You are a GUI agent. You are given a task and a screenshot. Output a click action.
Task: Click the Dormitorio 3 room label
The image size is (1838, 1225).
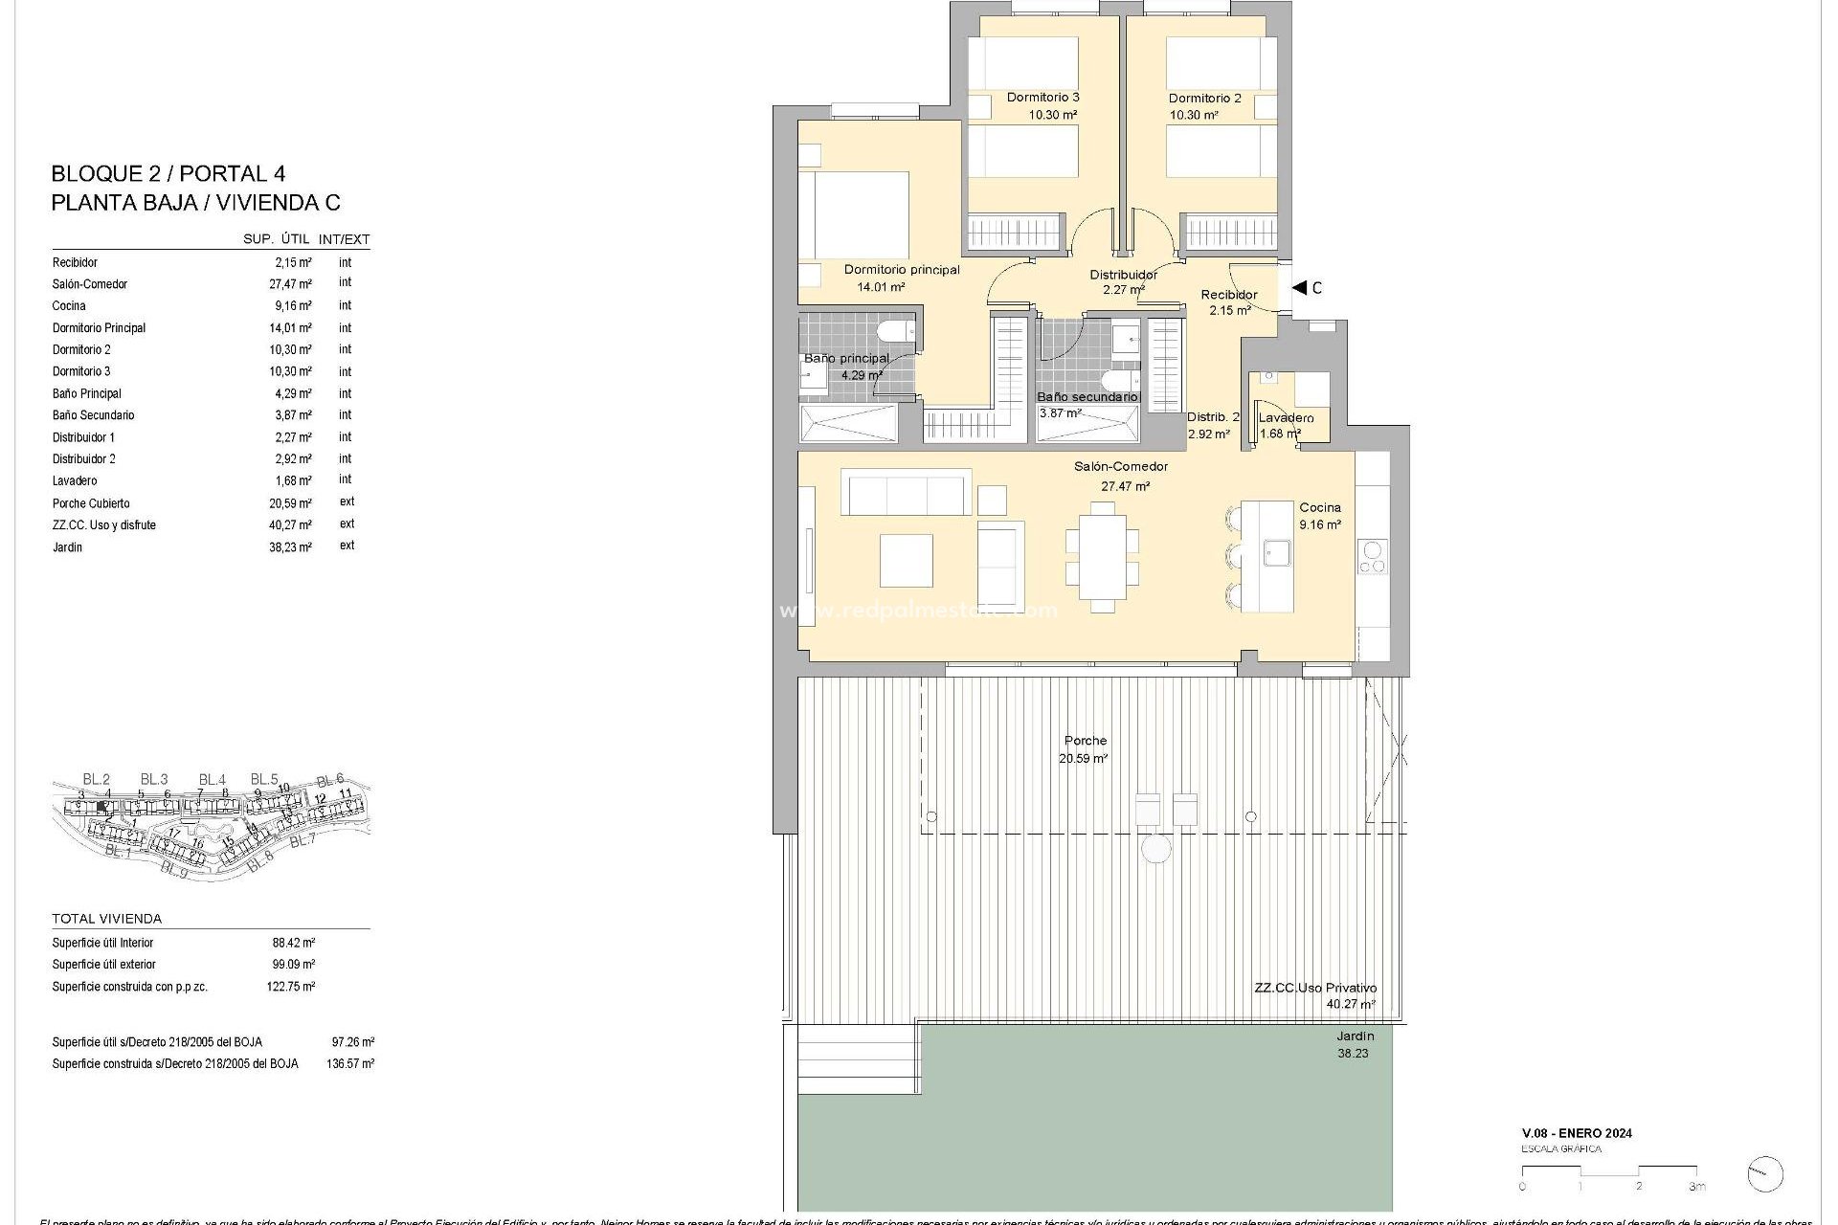(1042, 98)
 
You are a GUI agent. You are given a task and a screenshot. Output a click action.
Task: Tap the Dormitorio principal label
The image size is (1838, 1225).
(901, 270)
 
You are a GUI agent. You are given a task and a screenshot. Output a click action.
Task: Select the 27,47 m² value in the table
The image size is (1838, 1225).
(290, 284)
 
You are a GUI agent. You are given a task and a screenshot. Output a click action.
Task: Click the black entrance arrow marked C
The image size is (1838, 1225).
(1299, 287)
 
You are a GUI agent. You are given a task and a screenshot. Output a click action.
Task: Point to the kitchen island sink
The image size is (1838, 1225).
(1276, 553)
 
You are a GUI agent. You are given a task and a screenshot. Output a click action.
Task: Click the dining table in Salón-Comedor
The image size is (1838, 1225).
(1102, 557)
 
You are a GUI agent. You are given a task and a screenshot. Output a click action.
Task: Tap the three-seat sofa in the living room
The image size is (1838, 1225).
(906, 493)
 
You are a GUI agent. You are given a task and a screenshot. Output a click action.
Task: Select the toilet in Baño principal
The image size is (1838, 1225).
(897, 333)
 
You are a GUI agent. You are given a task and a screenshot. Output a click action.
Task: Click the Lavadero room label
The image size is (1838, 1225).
(1286, 418)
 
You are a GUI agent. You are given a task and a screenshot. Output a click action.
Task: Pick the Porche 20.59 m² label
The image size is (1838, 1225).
(1085, 749)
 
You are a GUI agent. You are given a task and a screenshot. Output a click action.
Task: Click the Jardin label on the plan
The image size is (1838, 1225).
(1355, 1036)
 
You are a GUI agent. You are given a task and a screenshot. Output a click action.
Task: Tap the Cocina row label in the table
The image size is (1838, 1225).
(69, 306)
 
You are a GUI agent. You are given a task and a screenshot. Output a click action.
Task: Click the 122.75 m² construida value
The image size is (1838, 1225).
(290, 987)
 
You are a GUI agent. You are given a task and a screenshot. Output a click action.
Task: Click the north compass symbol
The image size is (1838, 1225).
(1764, 1174)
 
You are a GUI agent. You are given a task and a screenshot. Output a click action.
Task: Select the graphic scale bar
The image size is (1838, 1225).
(1608, 1170)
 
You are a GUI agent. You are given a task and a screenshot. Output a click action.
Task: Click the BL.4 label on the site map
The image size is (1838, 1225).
(212, 780)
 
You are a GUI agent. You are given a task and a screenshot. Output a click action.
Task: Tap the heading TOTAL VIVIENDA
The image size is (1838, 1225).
(106, 919)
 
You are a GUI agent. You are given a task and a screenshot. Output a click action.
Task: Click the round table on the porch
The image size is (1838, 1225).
(1156, 849)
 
